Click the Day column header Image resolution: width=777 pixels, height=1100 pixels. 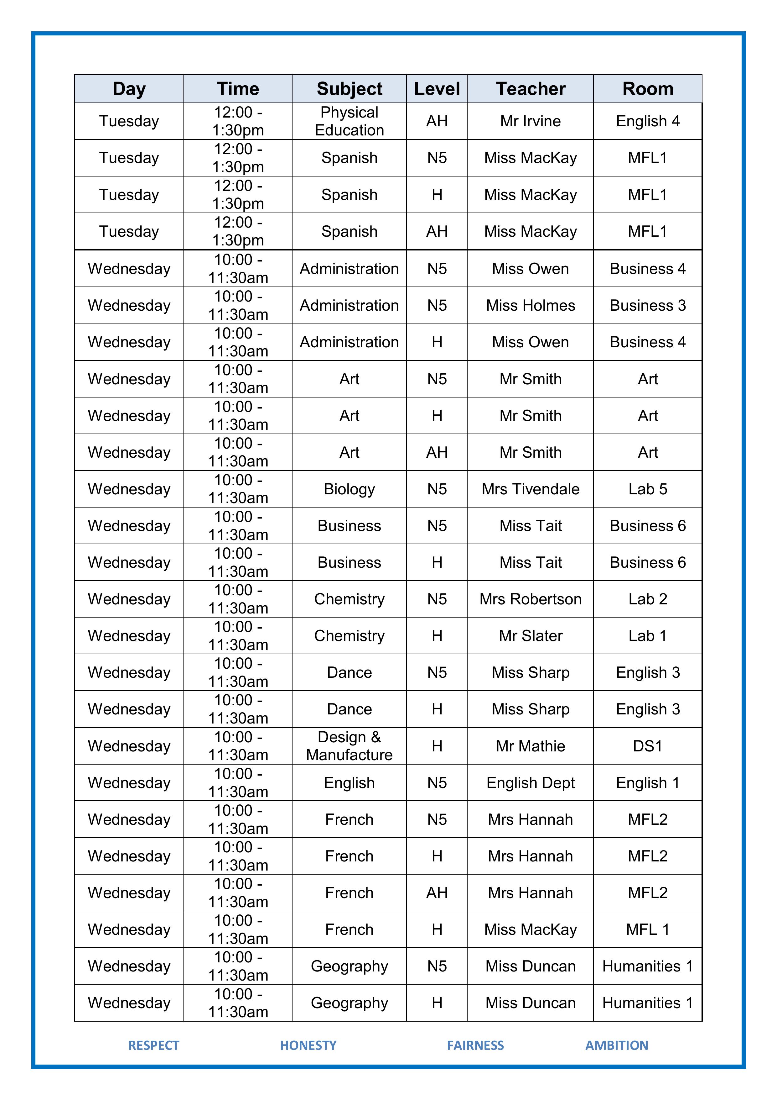[x=129, y=89]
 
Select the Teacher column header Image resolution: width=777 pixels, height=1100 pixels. [x=531, y=89]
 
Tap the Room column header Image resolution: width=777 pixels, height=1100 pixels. [x=648, y=89]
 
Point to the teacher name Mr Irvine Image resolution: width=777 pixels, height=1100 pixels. [x=531, y=121]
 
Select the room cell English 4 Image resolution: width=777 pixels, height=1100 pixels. [x=648, y=121]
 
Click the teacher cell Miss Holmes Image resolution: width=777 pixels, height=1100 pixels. [x=531, y=305]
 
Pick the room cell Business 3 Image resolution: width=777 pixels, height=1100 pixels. [x=648, y=305]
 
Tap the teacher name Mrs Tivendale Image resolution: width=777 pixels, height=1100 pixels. [x=531, y=489]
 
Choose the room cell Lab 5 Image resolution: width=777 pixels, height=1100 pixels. [x=648, y=489]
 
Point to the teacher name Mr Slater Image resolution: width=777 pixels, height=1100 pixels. [x=531, y=636]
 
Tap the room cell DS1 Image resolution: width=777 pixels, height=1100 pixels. [x=648, y=746]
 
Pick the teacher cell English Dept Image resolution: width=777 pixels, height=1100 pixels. [x=531, y=783]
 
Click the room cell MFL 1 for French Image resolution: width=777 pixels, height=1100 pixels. [x=648, y=929]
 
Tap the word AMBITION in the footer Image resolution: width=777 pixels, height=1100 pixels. [x=617, y=1045]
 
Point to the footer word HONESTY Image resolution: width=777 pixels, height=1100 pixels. [x=308, y=1045]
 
